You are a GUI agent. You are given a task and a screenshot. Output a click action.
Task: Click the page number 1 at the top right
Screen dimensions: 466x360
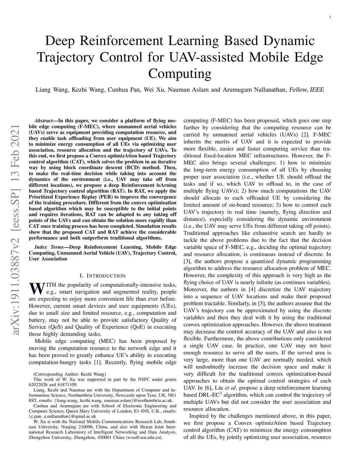tap(330, 17)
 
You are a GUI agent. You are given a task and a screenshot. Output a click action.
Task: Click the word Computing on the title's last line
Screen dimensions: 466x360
tap(180, 74)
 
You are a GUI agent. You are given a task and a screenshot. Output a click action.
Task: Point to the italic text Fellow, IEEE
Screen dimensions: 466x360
tap(306, 90)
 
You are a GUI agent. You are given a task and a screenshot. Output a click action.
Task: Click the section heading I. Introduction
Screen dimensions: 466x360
tap(103, 276)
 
